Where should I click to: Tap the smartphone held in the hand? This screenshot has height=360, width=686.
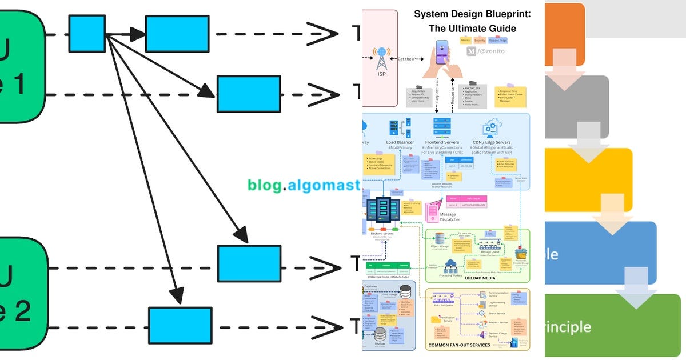pos(442,52)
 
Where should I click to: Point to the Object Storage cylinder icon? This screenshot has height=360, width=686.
pos(440,238)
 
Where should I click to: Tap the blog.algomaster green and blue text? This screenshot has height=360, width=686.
pos(304,185)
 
